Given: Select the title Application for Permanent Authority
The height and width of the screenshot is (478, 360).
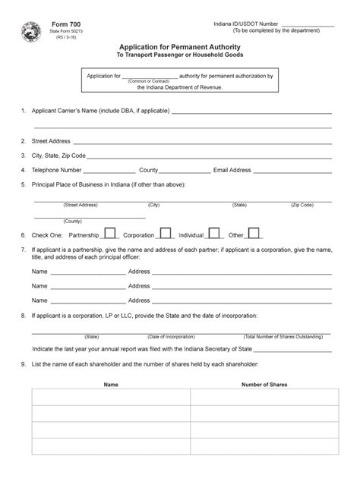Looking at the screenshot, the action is click(x=179, y=48).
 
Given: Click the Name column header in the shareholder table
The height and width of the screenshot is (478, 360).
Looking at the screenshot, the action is click(x=111, y=385).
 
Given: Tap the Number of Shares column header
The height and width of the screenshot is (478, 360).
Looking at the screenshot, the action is click(x=264, y=385).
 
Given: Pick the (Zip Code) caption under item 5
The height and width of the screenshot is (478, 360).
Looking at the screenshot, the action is click(x=302, y=205).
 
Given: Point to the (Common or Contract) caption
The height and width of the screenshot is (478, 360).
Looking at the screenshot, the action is click(x=149, y=81).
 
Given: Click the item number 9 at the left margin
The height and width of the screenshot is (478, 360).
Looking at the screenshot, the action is click(x=24, y=364).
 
